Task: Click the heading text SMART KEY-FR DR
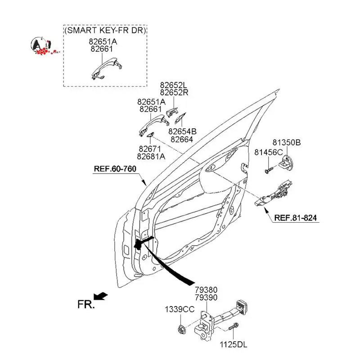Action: [106, 31]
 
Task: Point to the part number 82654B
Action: [182, 131]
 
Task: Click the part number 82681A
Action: [151, 156]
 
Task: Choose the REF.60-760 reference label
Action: [115, 169]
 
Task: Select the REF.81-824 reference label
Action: [295, 218]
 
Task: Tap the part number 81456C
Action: [269, 152]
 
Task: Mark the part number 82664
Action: [182, 139]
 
